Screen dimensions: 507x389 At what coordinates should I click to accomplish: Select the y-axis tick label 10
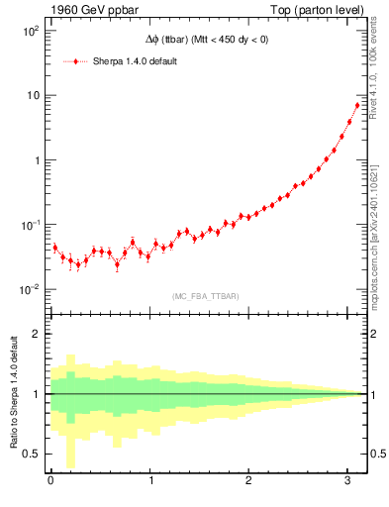32,95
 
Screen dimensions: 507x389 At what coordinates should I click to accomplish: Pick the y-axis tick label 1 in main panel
36,160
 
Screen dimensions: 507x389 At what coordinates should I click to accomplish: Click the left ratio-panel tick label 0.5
32,454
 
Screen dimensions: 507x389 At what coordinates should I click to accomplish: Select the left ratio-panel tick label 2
36,334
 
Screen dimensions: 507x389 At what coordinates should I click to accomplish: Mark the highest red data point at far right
357,105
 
